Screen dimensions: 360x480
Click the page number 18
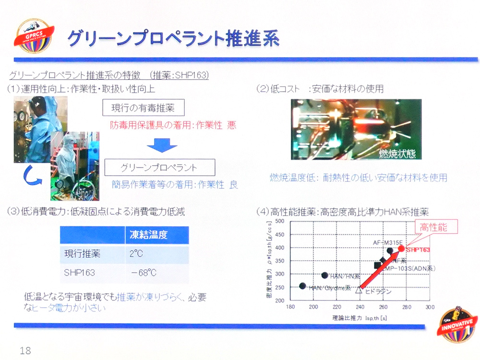(x=25, y=351)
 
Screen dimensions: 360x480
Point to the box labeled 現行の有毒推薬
(x=143, y=108)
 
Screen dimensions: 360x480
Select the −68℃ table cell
(x=144, y=273)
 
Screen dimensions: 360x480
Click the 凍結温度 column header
(x=149, y=235)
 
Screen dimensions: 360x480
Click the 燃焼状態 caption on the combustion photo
(x=397, y=154)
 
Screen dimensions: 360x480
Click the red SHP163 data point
(x=401, y=248)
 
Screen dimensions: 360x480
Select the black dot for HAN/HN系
(x=324, y=275)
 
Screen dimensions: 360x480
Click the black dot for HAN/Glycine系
(x=302, y=286)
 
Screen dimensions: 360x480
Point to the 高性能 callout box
(x=433, y=228)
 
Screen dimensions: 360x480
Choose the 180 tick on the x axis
(x=291, y=307)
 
